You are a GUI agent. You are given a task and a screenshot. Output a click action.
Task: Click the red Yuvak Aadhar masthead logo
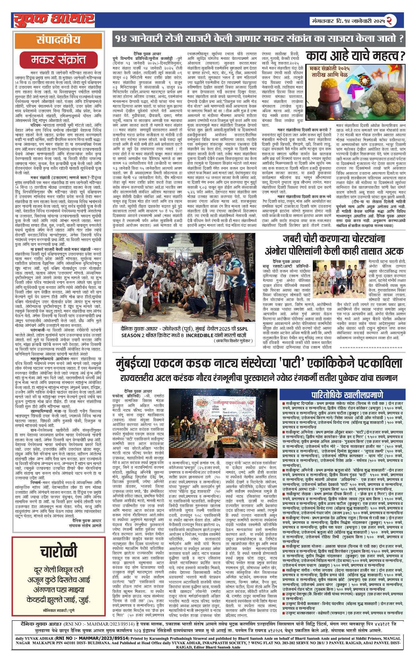[54, 20]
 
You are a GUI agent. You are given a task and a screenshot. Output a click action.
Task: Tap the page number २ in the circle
[389, 21]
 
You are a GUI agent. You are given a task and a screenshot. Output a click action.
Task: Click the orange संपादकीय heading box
[58, 40]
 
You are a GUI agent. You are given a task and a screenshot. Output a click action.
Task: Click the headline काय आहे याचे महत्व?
[355, 56]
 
